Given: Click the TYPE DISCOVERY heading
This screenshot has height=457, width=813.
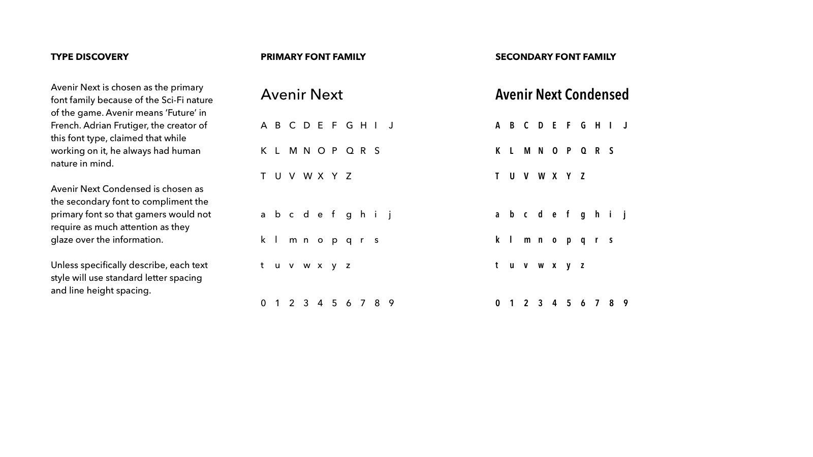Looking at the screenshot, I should [89, 57].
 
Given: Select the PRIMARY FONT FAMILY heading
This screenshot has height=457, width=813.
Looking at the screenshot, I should [313, 57].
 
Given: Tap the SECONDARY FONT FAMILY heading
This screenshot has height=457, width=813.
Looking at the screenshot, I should [555, 57].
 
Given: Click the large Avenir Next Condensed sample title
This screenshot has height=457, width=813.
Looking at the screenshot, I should [562, 95].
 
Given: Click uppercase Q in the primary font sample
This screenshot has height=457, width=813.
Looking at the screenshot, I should [350, 151].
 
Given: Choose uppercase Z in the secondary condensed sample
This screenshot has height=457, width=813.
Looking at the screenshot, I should [583, 176].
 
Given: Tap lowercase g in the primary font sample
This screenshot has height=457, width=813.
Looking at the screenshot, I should [349, 215].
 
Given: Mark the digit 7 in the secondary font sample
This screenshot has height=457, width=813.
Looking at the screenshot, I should [597, 303].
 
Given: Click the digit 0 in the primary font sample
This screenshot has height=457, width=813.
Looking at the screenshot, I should [263, 303].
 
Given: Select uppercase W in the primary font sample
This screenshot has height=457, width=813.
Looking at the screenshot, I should [307, 176].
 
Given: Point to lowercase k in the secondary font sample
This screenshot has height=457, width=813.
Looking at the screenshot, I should [497, 240].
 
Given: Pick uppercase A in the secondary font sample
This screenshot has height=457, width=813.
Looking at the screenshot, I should [498, 125].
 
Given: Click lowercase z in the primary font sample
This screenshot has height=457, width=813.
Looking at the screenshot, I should [348, 266].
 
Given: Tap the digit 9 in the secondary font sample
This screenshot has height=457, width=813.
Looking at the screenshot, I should [626, 303].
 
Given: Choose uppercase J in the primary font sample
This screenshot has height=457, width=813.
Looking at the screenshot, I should [391, 125].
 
